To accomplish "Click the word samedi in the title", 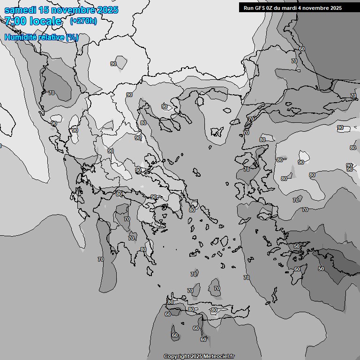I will [19, 10].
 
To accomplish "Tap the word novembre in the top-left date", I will [73, 10].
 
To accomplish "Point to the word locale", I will [45, 21].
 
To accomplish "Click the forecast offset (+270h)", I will [83, 21].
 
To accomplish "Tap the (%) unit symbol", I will [72, 37].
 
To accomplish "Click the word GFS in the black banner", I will [259, 8].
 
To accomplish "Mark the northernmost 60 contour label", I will [301, 49].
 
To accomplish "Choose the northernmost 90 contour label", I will [113, 64].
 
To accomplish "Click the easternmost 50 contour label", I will [321, 269].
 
